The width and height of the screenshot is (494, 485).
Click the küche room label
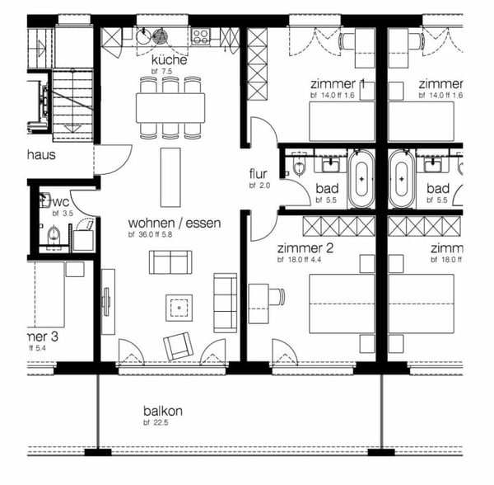(169, 60)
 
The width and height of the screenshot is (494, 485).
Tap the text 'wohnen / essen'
(168, 224)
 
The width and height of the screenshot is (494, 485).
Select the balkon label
(163, 412)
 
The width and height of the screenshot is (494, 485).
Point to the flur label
(259, 175)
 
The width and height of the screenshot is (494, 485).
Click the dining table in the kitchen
(170, 106)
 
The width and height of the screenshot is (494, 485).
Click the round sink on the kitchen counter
(145, 36)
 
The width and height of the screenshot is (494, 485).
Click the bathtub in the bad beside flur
(361, 178)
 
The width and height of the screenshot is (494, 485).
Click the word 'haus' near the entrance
(41, 154)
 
